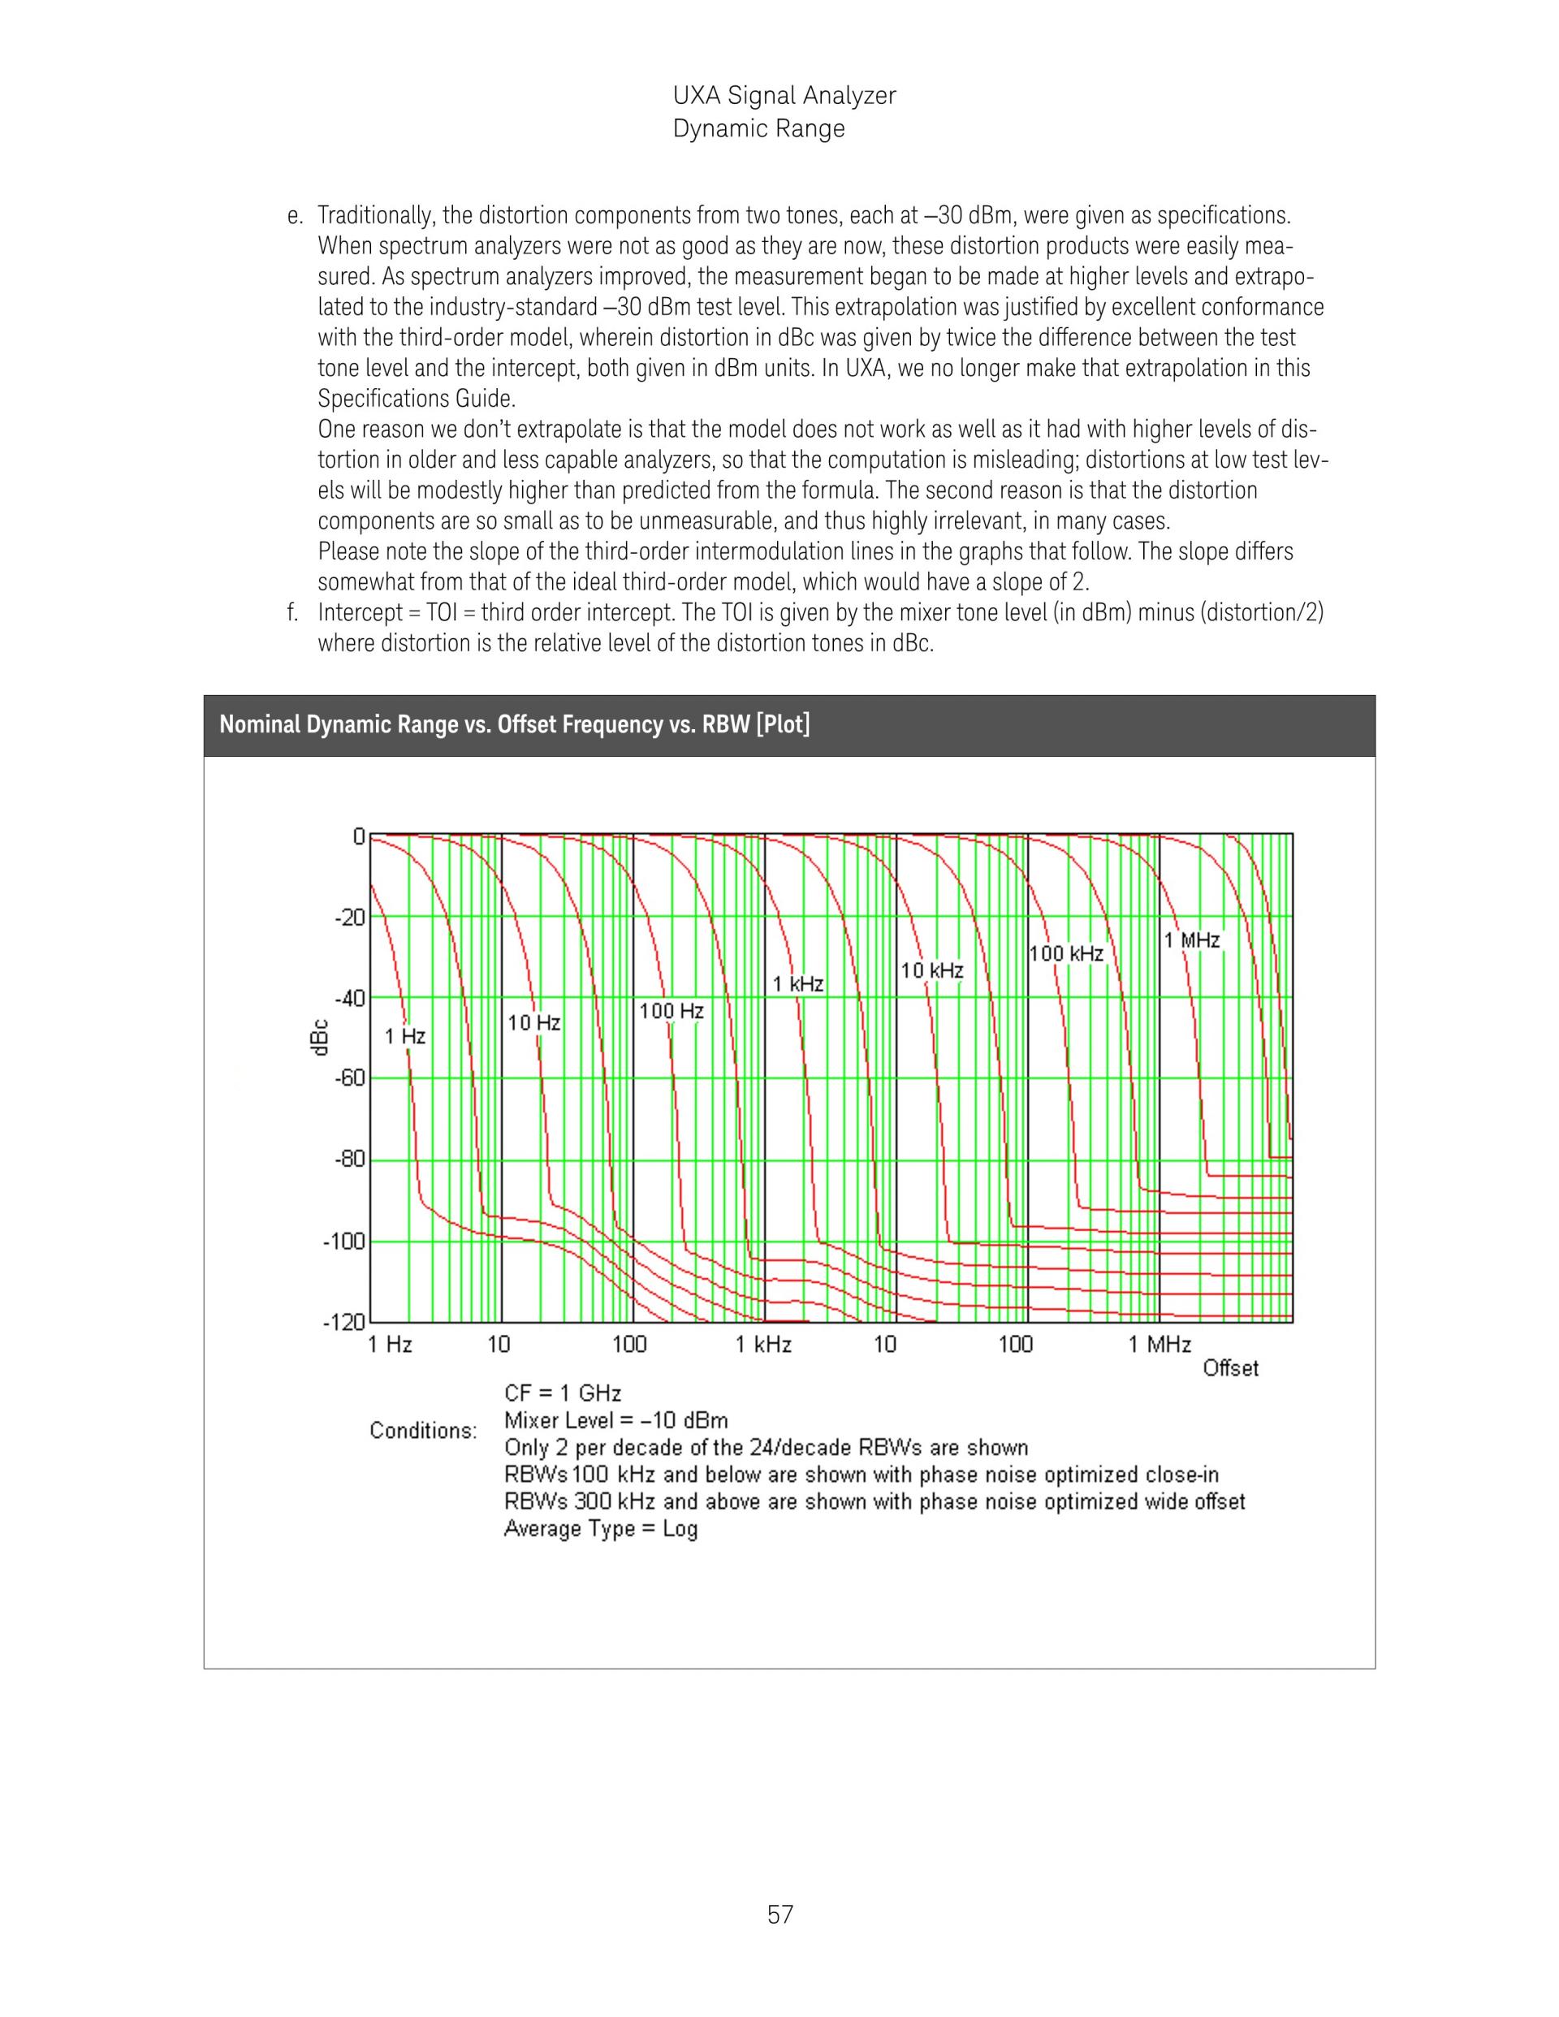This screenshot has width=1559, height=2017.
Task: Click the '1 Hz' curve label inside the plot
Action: (x=405, y=1036)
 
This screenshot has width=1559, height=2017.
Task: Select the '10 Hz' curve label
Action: (x=533, y=1022)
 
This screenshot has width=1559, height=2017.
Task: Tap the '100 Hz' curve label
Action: (x=672, y=1011)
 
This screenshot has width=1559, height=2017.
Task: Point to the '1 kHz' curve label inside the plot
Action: (x=798, y=984)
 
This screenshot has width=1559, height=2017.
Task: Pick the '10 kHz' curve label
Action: (x=932, y=970)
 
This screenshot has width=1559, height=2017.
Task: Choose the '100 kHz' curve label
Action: (x=1067, y=954)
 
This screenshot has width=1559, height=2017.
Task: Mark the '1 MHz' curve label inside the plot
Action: (x=1191, y=940)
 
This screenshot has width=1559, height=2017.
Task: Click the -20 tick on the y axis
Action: (x=350, y=917)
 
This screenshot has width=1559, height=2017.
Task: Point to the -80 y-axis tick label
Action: (x=350, y=1159)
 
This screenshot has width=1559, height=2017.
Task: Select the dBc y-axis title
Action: (x=317, y=1037)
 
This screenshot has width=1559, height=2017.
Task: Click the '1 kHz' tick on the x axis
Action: (x=764, y=1345)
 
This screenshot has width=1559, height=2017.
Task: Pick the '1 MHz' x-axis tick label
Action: (x=1160, y=1345)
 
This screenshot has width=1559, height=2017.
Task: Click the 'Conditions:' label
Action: (x=423, y=1431)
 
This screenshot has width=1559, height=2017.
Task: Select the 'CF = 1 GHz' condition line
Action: (x=563, y=1393)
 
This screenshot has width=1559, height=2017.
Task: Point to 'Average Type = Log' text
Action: (x=600, y=1528)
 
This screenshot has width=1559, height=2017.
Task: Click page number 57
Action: (x=779, y=1915)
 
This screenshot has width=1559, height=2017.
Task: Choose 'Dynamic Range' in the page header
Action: (x=758, y=128)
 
